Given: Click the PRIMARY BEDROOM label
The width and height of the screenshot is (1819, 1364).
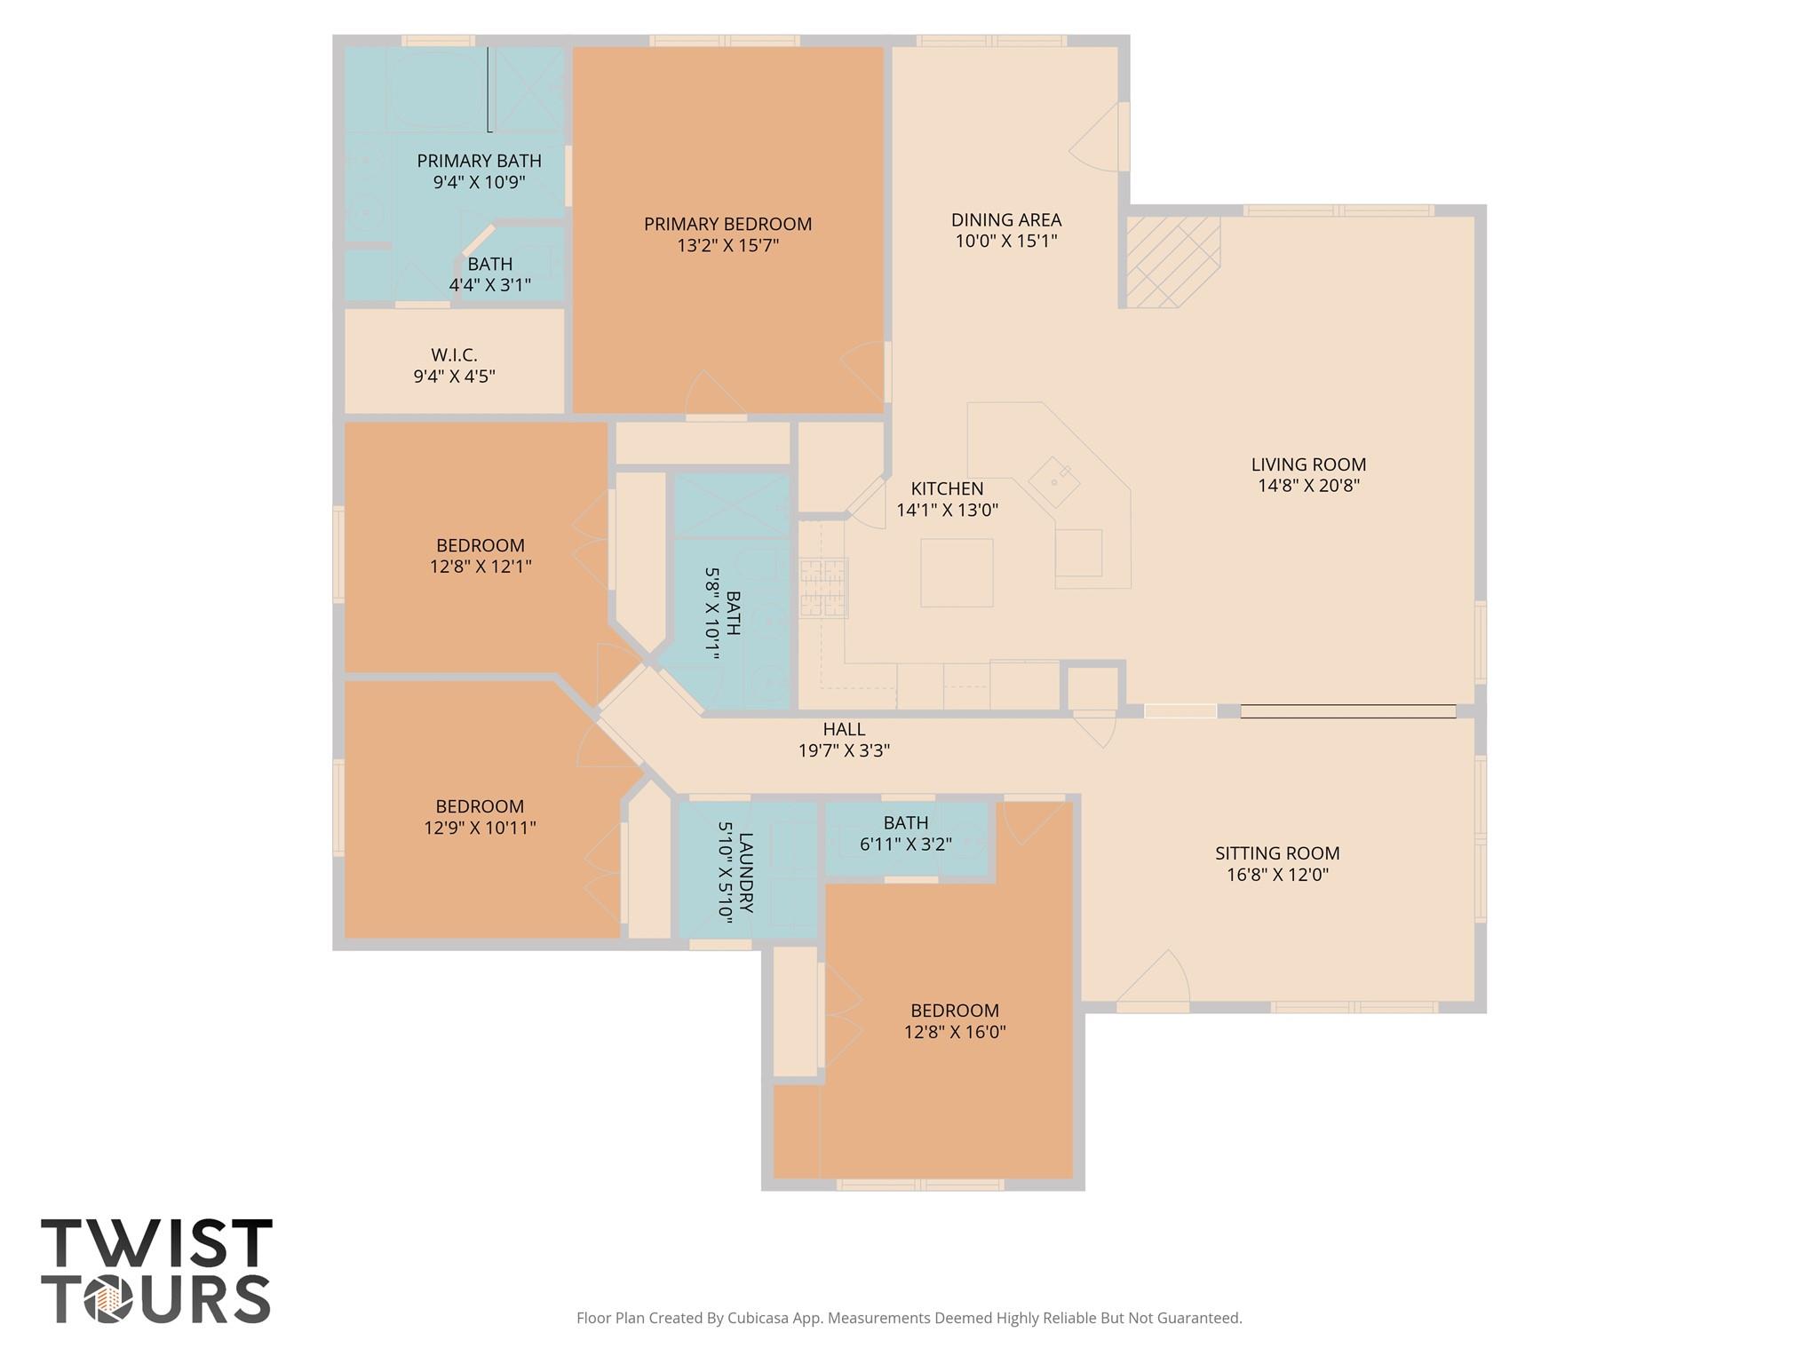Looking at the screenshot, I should point(727,224).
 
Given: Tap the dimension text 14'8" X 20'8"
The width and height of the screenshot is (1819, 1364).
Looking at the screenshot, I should point(1308,486).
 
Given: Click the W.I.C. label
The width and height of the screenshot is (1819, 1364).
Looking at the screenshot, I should point(454,355).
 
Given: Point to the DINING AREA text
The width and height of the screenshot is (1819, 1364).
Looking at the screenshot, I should point(1005,219).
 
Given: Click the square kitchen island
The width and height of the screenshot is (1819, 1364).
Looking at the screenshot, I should point(957,573).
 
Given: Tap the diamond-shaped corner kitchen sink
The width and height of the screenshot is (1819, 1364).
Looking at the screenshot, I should point(1054,482).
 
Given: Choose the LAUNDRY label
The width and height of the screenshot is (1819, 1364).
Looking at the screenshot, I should point(745,872).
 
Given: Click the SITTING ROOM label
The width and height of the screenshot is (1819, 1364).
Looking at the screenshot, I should point(1276,853).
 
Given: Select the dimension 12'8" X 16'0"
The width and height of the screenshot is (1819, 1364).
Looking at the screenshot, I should point(955,1032).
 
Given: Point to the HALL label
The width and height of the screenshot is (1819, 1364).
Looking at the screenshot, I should point(844,729).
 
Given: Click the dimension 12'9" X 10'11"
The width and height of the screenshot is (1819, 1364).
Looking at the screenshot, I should point(480,828).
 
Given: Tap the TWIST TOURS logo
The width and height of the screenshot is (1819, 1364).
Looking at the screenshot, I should point(156,1271).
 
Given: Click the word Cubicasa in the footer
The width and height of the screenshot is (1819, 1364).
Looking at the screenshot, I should point(759,1318).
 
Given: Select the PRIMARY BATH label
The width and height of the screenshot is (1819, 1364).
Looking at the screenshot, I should point(479,161).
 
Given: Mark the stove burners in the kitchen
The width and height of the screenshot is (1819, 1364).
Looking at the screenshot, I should point(822,587).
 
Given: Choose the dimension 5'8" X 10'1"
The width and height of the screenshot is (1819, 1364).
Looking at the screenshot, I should point(711,614).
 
